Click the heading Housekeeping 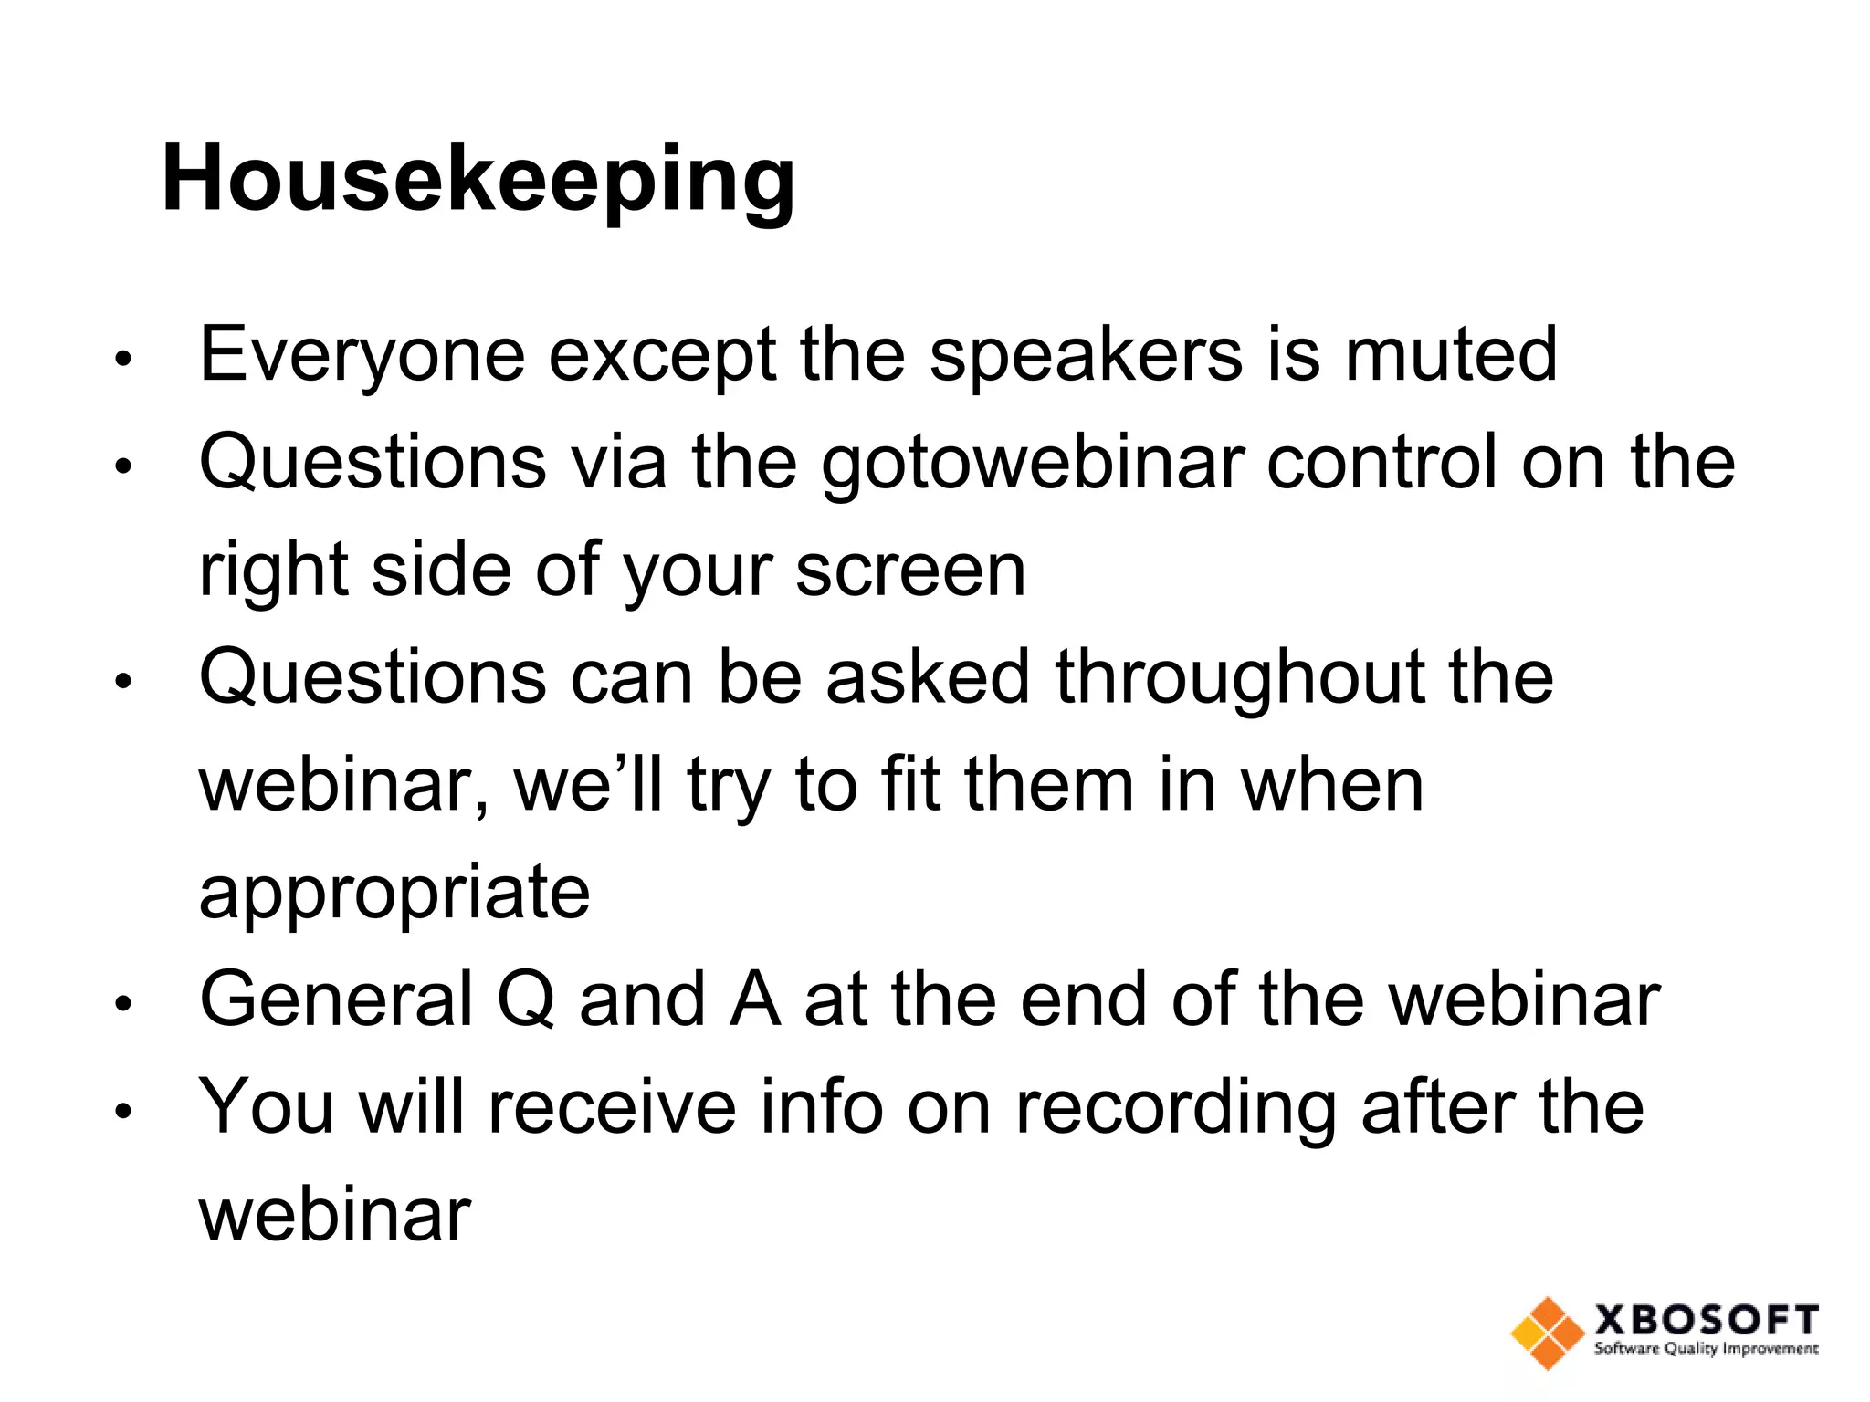478,180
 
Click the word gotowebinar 1033,463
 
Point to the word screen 910,571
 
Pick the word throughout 1239,677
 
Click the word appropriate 394,895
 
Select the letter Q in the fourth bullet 526,999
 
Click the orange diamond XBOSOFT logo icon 1546,1333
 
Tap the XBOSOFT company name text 1706,1320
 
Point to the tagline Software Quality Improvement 1706,1349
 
